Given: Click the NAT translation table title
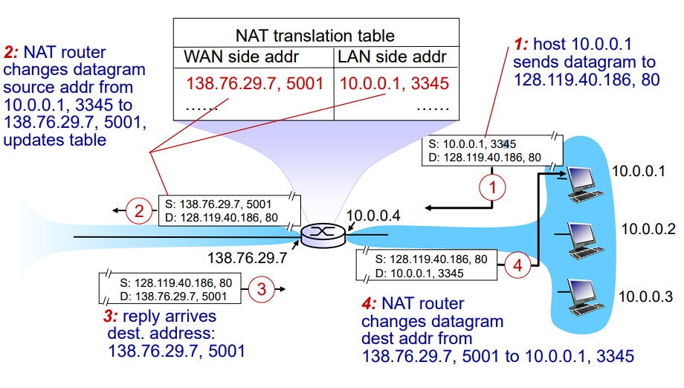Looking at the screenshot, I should (x=314, y=35).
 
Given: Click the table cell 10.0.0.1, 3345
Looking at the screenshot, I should (x=394, y=83).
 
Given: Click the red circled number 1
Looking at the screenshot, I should (x=492, y=187).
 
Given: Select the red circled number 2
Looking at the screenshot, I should (x=139, y=210).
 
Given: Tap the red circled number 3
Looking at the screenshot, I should (x=261, y=289).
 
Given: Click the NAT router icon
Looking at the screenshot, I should (x=323, y=233).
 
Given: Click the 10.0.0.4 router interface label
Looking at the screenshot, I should (x=374, y=216).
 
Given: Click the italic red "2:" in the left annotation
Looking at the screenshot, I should (x=12, y=53).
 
